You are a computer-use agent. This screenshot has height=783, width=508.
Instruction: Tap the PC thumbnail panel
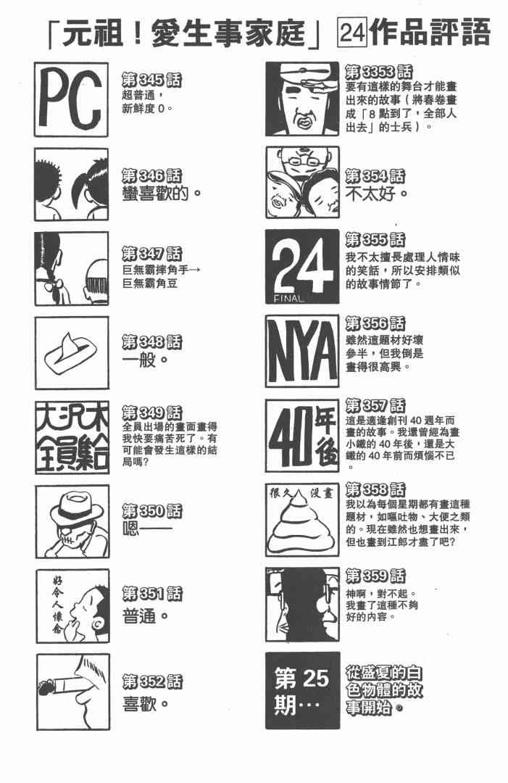click(71, 99)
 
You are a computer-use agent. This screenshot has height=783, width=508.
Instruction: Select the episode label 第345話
click(151, 80)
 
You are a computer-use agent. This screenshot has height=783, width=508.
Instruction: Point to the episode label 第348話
click(151, 342)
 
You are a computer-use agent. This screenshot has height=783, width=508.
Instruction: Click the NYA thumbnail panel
click(302, 351)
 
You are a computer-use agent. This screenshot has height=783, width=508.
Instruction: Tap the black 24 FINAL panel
click(302, 267)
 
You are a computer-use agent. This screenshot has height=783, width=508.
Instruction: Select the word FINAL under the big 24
click(288, 299)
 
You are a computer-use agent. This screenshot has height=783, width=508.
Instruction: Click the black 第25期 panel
click(302, 691)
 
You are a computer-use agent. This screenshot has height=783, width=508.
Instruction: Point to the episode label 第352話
click(152, 681)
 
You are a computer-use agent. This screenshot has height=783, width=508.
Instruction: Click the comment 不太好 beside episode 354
click(377, 194)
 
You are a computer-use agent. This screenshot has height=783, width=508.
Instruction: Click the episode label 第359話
click(375, 576)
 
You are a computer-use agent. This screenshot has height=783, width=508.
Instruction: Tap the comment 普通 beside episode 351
click(145, 616)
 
